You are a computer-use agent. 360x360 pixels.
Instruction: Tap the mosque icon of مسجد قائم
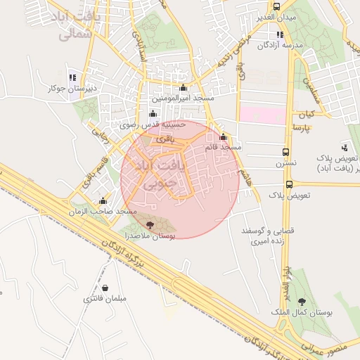point(224,137)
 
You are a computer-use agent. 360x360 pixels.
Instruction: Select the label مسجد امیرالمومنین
point(184,98)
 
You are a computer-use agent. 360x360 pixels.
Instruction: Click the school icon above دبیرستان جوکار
point(72,77)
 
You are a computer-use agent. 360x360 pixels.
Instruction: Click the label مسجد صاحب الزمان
point(108,211)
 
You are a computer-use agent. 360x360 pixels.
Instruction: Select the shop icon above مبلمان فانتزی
point(105,288)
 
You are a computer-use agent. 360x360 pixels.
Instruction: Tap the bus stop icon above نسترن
point(285,152)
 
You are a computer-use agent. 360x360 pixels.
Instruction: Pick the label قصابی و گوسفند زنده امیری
point(262,236)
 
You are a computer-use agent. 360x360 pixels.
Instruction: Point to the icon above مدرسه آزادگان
point(281,34)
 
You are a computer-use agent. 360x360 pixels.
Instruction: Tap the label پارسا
point(301,129)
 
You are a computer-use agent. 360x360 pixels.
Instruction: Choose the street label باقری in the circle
point(163,140)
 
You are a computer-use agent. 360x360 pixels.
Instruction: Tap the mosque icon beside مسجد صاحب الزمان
point(103,200)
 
